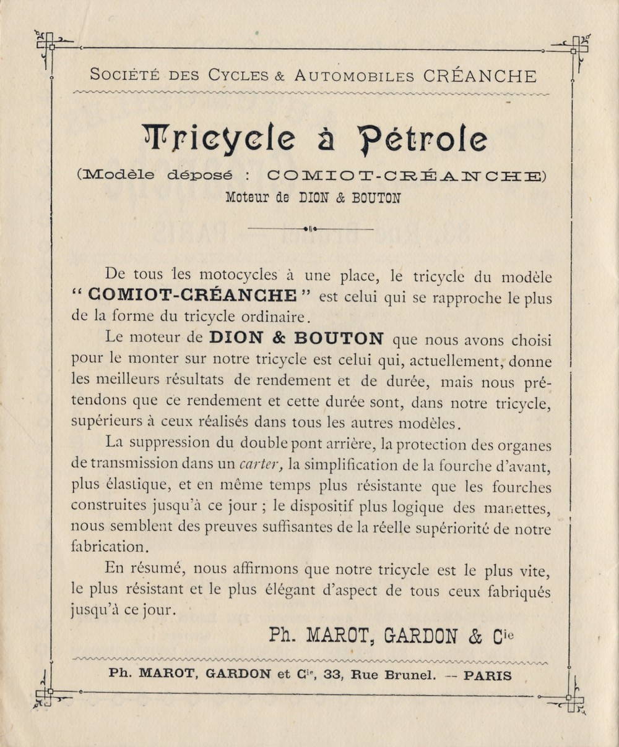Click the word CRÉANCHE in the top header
click(480, 76)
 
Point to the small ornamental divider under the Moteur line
click(310, 229)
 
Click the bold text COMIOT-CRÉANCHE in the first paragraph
click(193, 296)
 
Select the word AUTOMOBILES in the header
click(354, 77)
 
